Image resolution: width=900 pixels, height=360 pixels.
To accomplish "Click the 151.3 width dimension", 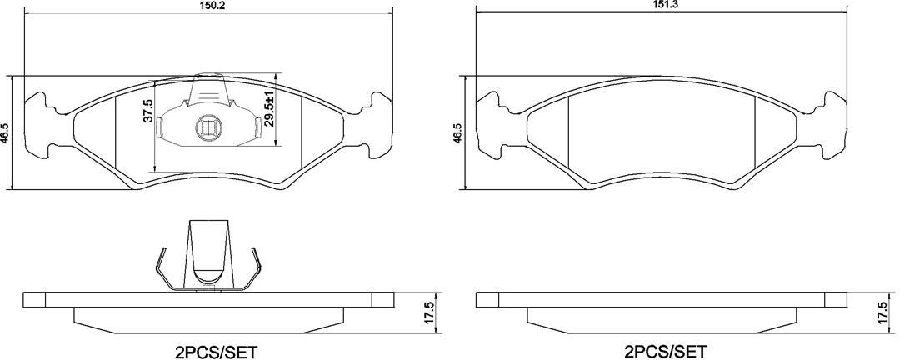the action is pos(662,3).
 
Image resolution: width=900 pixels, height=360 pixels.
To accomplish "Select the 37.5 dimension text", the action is pos(148,110).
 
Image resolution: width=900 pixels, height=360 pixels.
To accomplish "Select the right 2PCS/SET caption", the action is pos(667,350).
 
